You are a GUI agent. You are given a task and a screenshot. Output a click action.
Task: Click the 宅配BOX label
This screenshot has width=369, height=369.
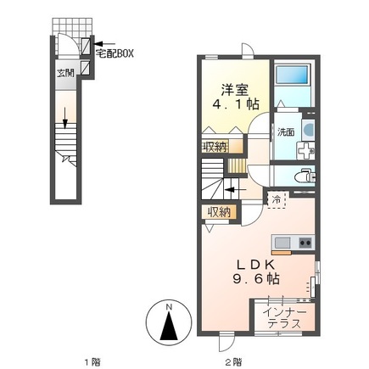click(x=115, y=53)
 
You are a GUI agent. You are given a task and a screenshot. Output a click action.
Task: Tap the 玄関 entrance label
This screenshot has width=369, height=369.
click(x=65, y=73)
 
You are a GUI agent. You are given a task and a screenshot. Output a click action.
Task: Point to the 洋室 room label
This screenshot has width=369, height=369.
click(x=235, y=90)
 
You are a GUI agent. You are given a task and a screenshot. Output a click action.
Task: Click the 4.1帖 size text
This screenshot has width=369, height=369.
click(x=236, y=104)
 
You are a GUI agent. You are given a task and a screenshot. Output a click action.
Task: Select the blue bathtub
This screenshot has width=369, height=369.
click(x=292, y=75)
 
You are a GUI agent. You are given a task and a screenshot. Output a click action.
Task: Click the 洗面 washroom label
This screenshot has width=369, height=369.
click(x=285, y=132)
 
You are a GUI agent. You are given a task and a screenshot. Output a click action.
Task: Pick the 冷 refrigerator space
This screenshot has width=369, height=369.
click(x=277, y=199)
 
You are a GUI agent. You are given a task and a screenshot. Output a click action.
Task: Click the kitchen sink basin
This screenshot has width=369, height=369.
click(x=282, y=243)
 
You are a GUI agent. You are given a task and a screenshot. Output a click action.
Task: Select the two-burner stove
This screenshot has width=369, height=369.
click(x=305, y=243)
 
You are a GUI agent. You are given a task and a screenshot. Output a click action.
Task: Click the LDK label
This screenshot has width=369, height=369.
click(x=255, y=265)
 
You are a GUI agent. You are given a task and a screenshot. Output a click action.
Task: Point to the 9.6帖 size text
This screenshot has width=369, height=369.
click(x=256, y=279)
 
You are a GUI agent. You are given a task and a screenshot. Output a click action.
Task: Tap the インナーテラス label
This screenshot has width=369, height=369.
click(x=284, y=317)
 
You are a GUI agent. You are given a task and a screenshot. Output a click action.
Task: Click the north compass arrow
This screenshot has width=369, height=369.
click(x=169, y=326)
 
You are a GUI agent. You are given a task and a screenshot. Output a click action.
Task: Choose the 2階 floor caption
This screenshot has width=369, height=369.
click(x=233, y=361)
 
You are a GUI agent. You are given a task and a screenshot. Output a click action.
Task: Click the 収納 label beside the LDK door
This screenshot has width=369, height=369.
click(x=219, y=212)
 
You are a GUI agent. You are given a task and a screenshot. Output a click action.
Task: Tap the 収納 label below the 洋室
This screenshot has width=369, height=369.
click(x=215, y=147)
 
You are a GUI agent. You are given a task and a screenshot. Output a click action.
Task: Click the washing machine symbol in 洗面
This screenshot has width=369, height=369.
click(x=308, y=130)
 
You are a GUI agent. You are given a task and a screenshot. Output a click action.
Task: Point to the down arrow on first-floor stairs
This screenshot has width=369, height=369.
click(x=65, y=118)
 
